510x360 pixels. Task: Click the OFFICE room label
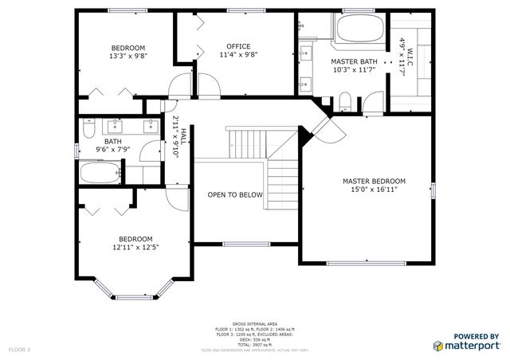pyautogui.click(x=238, y=46)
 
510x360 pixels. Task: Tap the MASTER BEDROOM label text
pyautogui.click(x=374, y=181)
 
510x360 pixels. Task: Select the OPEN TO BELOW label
pyautogui.click(x=235, y=194)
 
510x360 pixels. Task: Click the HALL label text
pyautogui.click(x=183, y=138)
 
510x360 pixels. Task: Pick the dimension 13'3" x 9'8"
pyautogui.click(x=128, y=56)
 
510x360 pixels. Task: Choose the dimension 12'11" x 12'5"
pyautogui.click(x=135, y=248)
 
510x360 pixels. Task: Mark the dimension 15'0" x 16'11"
pyautogui.click(x=374, y=190)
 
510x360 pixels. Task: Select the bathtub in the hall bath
pyautogui.click(x=98, y=171)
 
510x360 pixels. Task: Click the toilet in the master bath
pyautogui.click(x=344, y=101)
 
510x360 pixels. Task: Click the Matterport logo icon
pyautogui.click(x=438, y=346)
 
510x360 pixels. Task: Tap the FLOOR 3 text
pyautogui.click(x=19, y=349)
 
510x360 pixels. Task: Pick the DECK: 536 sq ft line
pyautogui.click(x=255, y=339)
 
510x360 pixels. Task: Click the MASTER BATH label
pyautogui.click(x=355, y=61)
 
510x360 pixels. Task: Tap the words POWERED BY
pyautogui.click(x=476, y=336)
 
